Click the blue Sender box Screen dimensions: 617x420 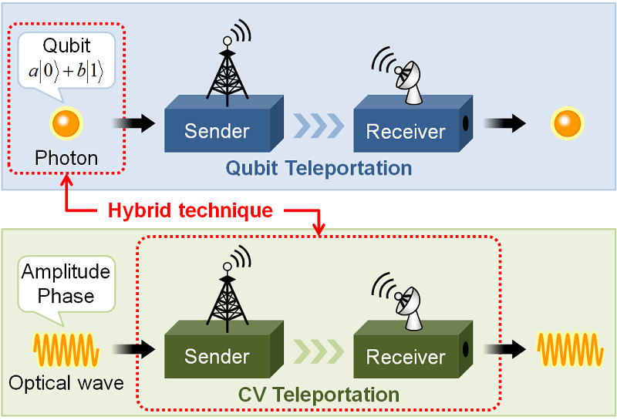(x=224, y=123)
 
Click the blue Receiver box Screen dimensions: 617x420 (x=413, y=123)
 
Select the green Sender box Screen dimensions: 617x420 (x=224, y=349)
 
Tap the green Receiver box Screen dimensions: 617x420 (x=413, y=349)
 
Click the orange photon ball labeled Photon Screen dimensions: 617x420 (x=66, y=123)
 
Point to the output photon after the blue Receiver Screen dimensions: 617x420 (x=567, y=123)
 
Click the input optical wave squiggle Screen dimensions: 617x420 (x=66, y=350)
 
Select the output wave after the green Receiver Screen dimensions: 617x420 (x=570, y=350)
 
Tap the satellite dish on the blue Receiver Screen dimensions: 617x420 (x=399, y=76)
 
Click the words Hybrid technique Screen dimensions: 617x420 (x=190, y=210)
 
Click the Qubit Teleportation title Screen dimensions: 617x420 (x=319, y=168)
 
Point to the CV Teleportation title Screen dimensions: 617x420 (x=319, y=395)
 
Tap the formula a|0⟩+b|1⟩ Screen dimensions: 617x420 (x=66, y=72)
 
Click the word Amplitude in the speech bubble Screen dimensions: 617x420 (x=66, y=272)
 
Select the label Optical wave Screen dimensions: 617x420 (x=66, y=383)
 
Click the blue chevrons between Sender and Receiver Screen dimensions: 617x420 (x=319, y=126)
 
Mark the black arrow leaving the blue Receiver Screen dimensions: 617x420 (x=505, y=123)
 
